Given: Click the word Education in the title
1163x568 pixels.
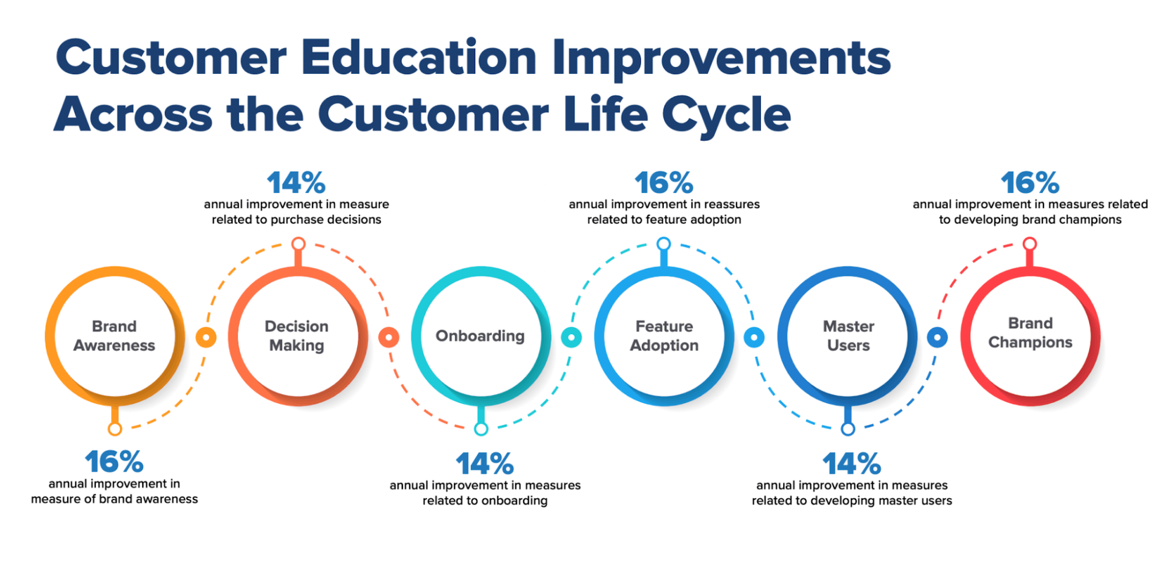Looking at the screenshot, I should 418,58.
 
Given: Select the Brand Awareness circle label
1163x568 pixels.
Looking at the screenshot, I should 114,336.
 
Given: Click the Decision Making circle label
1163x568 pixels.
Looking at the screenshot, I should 297,336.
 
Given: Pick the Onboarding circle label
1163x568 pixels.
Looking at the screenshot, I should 480,336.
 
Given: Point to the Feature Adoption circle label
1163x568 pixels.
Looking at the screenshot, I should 664,336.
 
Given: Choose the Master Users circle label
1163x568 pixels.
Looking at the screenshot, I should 848,336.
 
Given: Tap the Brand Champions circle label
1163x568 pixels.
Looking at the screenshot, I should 1030,333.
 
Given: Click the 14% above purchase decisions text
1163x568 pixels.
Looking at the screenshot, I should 296,182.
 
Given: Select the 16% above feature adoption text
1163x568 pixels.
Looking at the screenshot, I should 663,182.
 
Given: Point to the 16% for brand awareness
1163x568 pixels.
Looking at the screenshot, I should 114,462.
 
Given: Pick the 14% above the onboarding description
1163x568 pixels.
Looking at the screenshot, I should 484,463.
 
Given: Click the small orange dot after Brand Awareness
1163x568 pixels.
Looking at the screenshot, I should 206,337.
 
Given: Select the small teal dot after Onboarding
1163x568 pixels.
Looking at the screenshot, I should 571,337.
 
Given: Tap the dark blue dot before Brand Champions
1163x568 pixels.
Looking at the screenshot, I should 937,337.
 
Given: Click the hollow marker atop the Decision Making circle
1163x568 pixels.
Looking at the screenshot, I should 298,244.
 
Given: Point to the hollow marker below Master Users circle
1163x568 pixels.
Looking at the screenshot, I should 848,428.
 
